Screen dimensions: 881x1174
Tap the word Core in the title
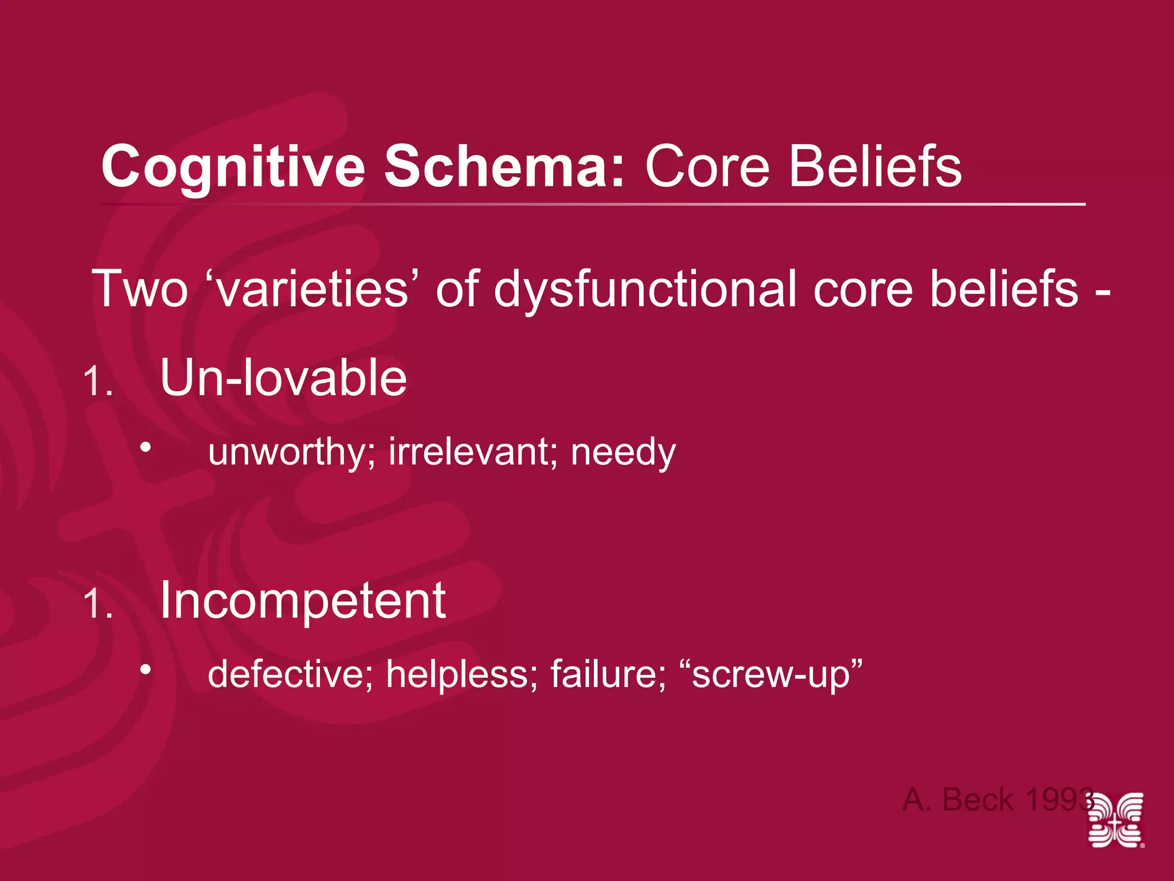tap(707, 167)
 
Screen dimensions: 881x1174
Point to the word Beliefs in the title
tap(875, 167)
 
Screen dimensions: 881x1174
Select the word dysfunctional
tap(645, 289)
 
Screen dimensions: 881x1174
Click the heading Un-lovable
tap(283, 378)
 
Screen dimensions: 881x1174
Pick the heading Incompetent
tap(303, 601)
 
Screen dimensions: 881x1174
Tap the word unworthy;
tap(291, 453)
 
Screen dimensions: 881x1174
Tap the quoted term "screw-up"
tap(770, 674)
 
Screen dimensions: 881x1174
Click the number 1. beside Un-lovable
tap(97, 382)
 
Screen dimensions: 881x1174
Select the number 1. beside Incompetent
tap(97, 605)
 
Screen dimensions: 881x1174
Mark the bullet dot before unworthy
tap(146, 447)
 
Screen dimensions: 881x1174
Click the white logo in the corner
tap(1116, 820)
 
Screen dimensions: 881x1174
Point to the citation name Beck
tap(977, 800)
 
